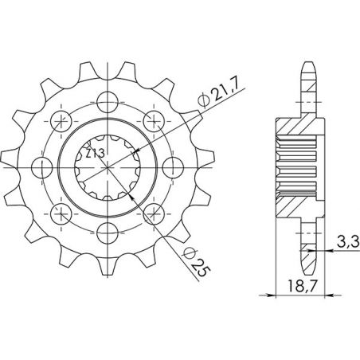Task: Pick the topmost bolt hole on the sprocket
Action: click(x=104, y=100)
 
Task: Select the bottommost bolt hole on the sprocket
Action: click(x=104, y=234)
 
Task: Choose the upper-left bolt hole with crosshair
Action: click(x=57, y=120)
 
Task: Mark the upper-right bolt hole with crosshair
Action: click(x=151, y=120)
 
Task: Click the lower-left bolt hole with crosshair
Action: click(x=57, y=214)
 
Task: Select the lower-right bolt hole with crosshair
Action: click(x=151, y=214)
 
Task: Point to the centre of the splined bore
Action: click(x=104, y=167)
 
